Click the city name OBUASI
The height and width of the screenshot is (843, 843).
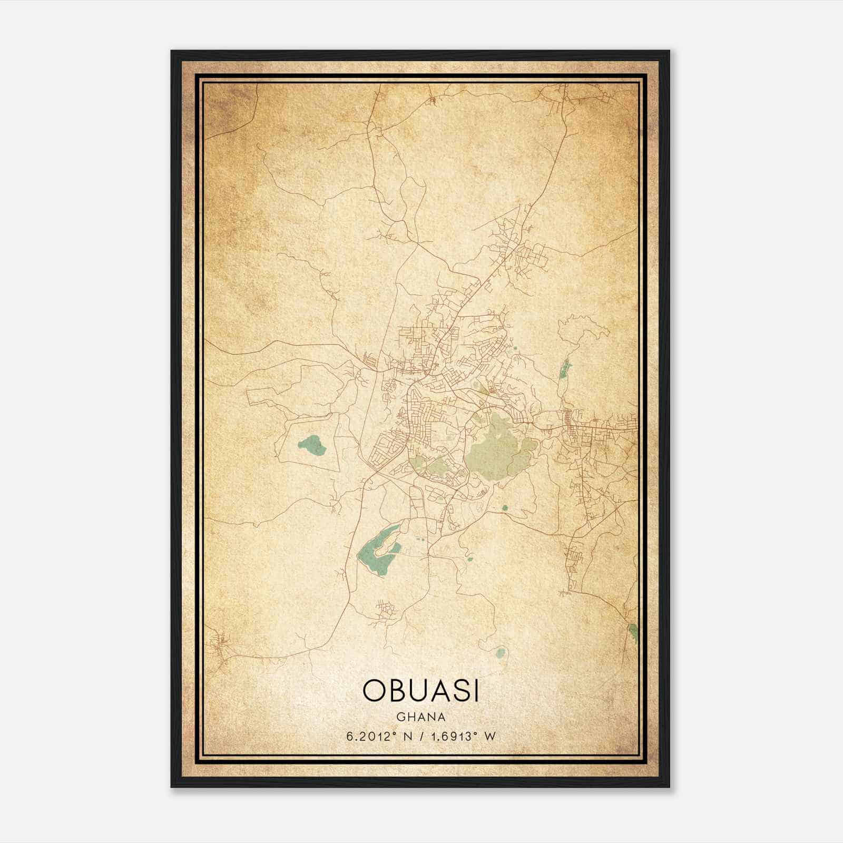pyautogui.click(x=420, y=691)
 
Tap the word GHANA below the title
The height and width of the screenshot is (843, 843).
pyautogui.click(x=420, y=717)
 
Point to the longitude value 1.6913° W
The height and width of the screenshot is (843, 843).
pyautogui.click(x=463, y=736)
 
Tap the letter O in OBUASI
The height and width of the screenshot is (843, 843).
pyautogui.click(x=373, y=691)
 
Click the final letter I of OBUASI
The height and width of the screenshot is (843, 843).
pyautogui.click(x=476, y=691)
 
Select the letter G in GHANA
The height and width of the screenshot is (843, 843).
pyautogui.click(x=401, y=717)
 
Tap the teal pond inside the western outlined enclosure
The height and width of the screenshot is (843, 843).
pyautogui.click(x=312, y=445)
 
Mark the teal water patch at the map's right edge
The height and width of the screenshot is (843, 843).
pyautogui.click(x=633, y=632)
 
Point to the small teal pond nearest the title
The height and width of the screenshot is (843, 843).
pyautogui.click(x=499, y=653)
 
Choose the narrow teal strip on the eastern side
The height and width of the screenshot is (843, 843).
pyautogui.click(x=565, y=369)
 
